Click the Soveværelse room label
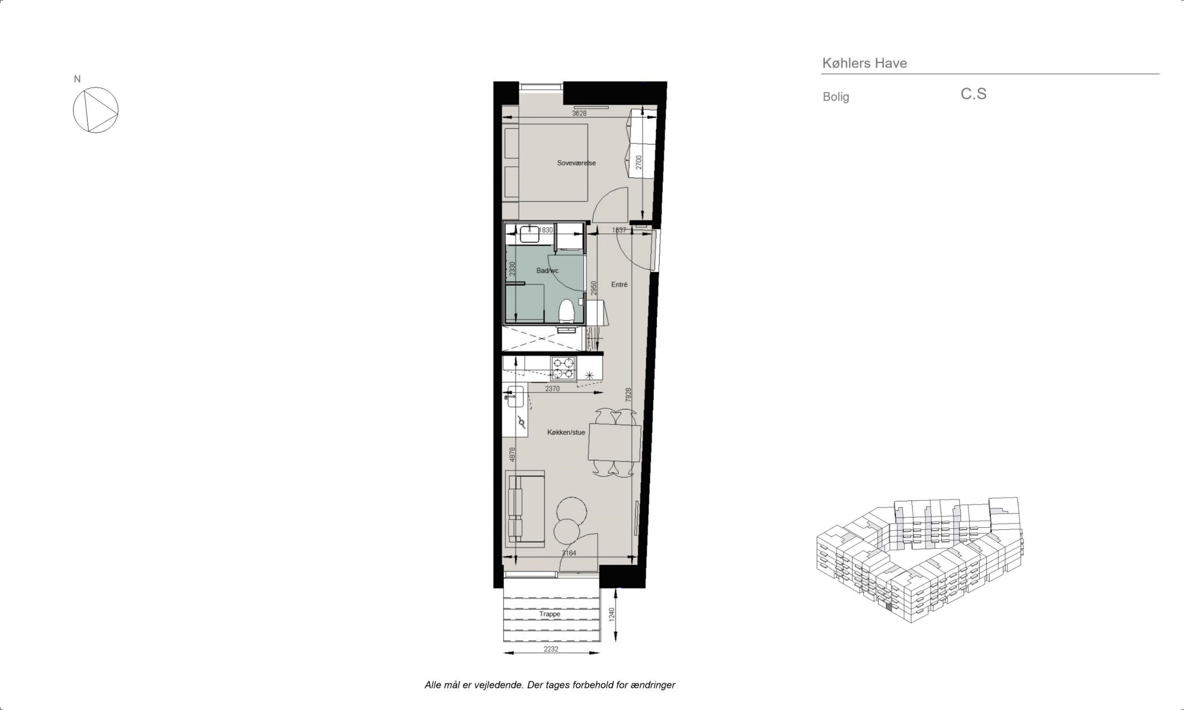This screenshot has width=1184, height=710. click(x=576, y=163)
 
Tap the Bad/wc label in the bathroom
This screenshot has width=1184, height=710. click(x=548, y=271)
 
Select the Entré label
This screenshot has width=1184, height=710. click(x=619, y=284)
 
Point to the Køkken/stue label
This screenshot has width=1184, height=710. click(x=566, y=433)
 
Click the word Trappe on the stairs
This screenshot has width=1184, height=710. click(x=549, y=614)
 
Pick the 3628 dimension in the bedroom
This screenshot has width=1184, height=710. click(x=579, y=113)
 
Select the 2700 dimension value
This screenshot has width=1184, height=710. click(x=638, y=162)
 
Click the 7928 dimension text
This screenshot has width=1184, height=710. click(x=629, y=395)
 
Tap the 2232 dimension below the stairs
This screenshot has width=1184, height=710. click(x=551, y=649)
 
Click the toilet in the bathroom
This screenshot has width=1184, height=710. click(x=567, y=311)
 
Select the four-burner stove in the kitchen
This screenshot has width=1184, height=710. click(x=563, y=368)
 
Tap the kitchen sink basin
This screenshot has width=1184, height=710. click(x=515, y=396)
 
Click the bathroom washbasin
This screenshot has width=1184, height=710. click(x=530, y=234)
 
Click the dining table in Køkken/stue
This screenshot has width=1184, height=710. click(x=615, y=442)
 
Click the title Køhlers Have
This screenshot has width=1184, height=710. click(x=864, y=63)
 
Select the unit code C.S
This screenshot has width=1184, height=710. click(x=974, y=94)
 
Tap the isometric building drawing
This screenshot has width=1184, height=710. click(x=919, y=560)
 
